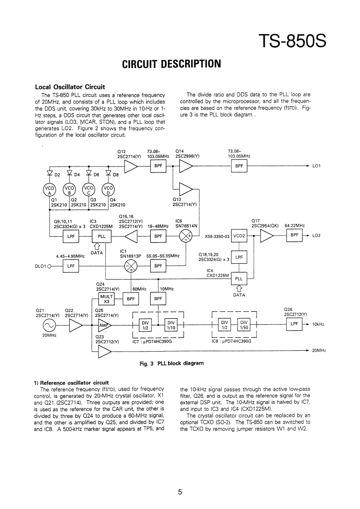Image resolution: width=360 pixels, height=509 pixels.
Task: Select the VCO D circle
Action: point(108,190)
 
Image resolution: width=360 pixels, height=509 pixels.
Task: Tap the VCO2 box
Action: point(239,236)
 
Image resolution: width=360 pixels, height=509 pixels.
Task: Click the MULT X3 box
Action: point(107,299)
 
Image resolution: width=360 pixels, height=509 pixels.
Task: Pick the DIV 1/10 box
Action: point(171,325)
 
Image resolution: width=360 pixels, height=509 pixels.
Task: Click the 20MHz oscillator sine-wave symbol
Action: point(49,325)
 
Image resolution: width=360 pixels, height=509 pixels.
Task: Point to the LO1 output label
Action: point(316,166)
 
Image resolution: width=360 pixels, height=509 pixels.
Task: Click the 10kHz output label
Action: point(318,325)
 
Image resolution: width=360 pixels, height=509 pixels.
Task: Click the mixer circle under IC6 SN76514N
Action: point(186,236)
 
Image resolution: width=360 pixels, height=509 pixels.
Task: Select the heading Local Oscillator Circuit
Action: point(70,87)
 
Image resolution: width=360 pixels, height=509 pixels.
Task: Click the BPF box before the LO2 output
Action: point(295,236)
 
